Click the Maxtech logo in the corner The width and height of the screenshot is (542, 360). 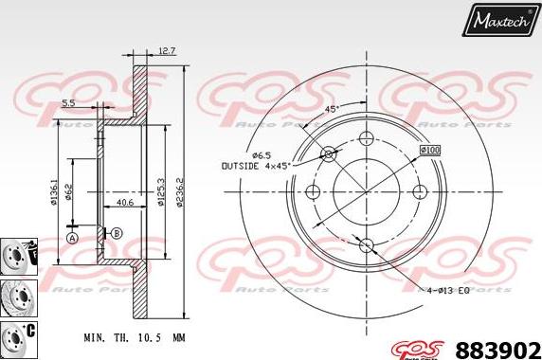coord(499,18)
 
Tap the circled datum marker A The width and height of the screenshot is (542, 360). coord(72,237)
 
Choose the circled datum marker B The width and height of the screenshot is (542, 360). coord(116,233)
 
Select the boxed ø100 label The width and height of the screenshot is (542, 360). coord(431,150)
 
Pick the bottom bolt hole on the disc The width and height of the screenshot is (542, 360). coord(367,247)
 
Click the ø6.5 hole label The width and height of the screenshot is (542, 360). coord(262,154)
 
